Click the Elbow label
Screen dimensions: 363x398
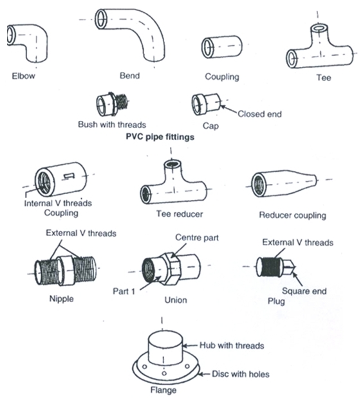click(x=23, y=76)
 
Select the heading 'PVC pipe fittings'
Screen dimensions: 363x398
click(x=160, y=137)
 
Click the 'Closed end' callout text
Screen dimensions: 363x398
click(x=259, y=114)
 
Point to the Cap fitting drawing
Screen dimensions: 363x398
click(x=206, y=104)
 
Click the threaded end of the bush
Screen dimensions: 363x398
click(x=122, y=102)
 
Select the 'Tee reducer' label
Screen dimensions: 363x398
click(x=180, y=214)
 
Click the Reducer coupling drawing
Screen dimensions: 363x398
click(x=284, y=183)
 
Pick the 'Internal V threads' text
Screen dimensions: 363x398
click(x=58, y=203)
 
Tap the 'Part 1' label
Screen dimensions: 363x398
click(x=124, y=291)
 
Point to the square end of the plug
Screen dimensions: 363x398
click(x=288, y=267)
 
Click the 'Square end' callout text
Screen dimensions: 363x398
click(x=304, y=291)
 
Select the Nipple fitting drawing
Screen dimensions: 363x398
click(x=65, y=270)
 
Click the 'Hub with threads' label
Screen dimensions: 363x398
click(x=232, y=345)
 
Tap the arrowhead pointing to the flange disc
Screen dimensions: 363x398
click(x=201, y=374)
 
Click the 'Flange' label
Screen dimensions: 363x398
click(x=163, y=390)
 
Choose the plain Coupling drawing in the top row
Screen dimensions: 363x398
click(x=222, y=47)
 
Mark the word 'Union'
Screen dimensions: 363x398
click(x=176, y=300)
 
